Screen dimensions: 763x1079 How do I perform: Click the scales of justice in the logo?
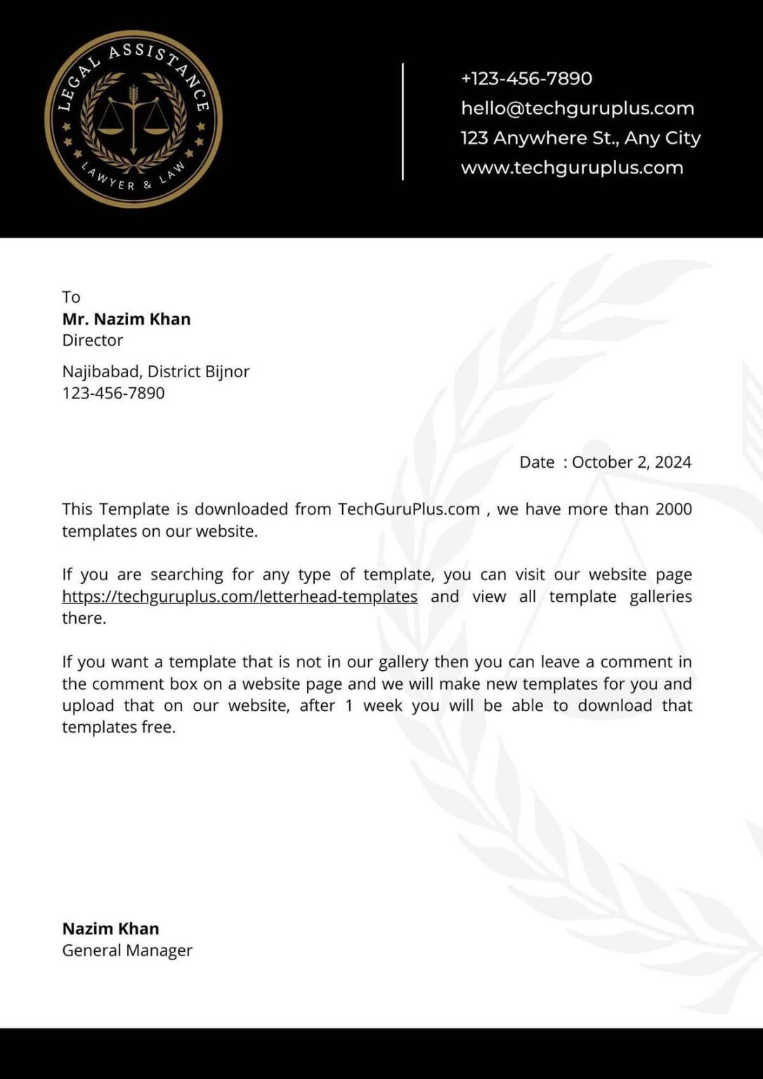pos(133,119)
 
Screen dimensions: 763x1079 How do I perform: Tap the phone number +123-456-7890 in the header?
pos(526,78)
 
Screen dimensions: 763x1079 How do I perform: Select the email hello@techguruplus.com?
pos(577,108)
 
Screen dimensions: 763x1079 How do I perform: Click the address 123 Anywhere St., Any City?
pos(580,138)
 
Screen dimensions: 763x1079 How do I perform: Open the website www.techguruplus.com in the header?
pos(571,168)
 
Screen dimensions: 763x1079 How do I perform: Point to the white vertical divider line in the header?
pos(403,122)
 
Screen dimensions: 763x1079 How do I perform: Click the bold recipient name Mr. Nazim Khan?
pos(126,319)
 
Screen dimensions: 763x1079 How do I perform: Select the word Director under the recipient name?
pos(92,340)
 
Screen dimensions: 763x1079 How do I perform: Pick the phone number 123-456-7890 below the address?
pos(113,393)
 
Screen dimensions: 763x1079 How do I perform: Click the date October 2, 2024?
pos(631,462)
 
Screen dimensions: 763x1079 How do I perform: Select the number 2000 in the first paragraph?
pos(673,509)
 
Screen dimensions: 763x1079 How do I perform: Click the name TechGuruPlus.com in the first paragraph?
pos(408,509)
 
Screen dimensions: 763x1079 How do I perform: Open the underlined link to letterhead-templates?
pos(240,596)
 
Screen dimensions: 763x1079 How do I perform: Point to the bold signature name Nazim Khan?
pos(110,929)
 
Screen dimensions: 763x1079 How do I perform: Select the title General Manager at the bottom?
pos(126,950)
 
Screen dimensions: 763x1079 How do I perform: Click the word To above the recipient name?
pos(71,297)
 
